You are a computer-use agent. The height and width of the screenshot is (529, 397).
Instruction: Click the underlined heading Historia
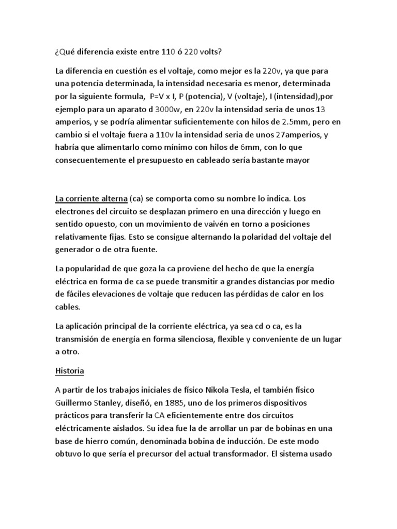point(69,371)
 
